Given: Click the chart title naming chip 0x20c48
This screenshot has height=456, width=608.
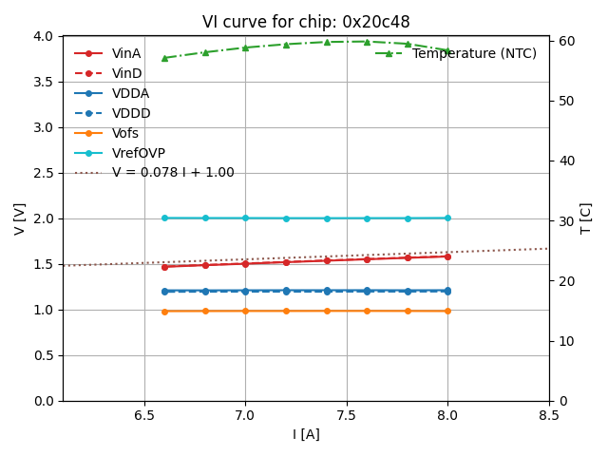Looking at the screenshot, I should tap(306, 22).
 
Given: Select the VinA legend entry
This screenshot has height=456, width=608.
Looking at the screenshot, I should tap(125, 53).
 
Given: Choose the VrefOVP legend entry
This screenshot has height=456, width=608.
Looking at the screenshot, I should tap(138, 153).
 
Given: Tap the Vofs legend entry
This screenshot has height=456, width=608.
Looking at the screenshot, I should tap(124, 133).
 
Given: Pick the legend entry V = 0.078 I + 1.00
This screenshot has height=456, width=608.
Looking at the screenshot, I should tap(172, 173).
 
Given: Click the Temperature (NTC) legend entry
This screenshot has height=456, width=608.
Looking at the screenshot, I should tap(474, 53).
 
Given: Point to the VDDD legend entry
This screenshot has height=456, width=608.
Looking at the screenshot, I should tap(131, 113).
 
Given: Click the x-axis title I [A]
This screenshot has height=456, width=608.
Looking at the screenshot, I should tap(306, 434).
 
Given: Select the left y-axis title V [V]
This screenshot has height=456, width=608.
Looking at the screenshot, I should tap(20, 218).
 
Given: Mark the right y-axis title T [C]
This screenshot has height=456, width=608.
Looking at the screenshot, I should tap(586, 218).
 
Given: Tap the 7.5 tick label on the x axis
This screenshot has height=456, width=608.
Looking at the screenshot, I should tap(347, 415).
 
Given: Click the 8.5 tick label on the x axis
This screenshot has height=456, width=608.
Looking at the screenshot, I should tap(548, 415).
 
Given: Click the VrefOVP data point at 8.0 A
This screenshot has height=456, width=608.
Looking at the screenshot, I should tap(447, 218).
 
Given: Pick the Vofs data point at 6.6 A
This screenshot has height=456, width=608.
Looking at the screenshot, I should tap(164, 311).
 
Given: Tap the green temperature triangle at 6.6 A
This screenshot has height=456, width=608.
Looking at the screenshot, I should tap(164, 58).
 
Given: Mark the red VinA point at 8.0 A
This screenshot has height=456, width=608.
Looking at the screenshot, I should tap(447, 256).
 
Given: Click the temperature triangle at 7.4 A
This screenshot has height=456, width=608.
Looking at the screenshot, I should tap(327, 42).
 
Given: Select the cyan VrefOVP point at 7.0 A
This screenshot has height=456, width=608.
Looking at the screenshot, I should tap(245, 218).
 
